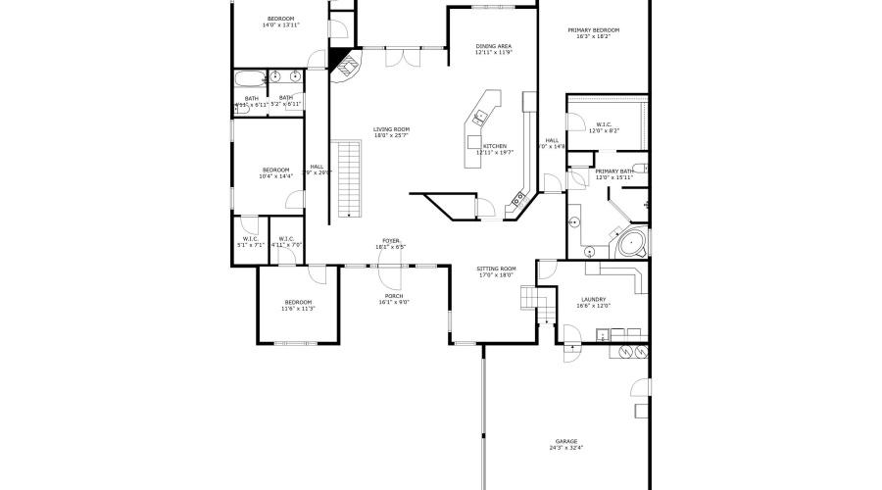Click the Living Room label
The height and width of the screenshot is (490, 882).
point(391,129)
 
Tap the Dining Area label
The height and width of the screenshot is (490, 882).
point(493,46)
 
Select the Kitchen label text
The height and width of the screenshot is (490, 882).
point(494,146)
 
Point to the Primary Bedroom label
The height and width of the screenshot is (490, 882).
point(594,30)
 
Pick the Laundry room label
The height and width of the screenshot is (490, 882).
point(593,299)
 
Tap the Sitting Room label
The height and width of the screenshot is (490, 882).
point(496,269)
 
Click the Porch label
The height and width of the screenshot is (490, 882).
point(393,296)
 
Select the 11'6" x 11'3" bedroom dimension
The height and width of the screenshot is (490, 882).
point(297,309)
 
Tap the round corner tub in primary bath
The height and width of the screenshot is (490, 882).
point(630,242)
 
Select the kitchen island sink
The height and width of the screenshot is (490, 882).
point(481,117)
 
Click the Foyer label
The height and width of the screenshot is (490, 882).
point(392,240)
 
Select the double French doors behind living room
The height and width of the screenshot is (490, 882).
point(398,57)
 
